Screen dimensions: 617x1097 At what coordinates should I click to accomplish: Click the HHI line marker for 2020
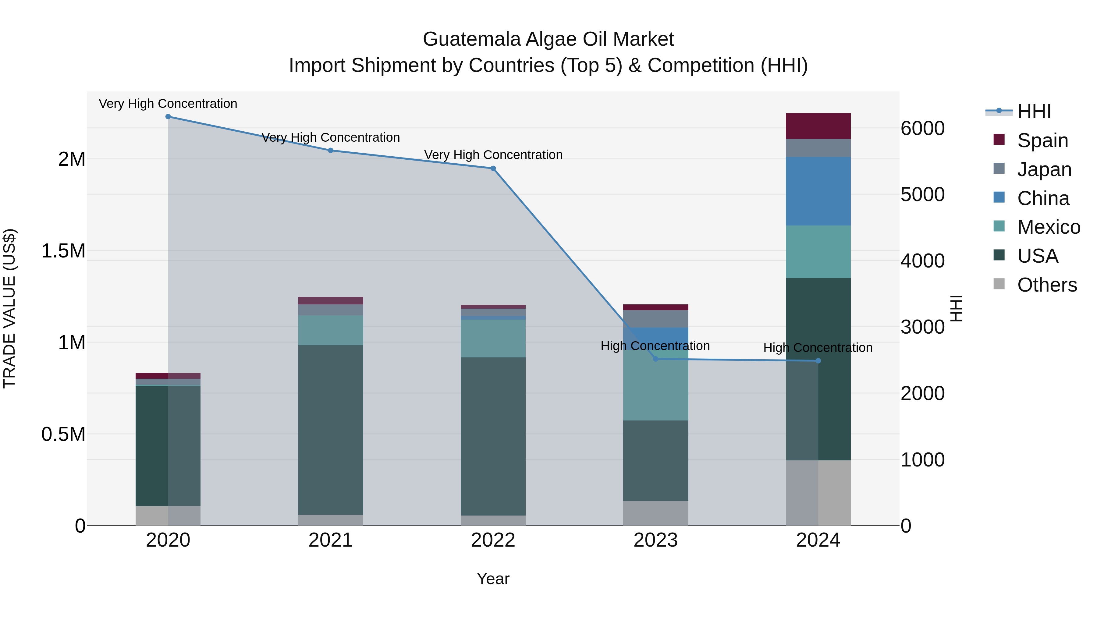pyautogui.click(x=168, y=117)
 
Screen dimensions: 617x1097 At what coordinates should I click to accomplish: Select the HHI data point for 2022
pyautogui.click(x=493, y=168)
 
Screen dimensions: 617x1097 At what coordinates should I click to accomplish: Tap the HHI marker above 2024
pyautogui.click(x=818, y=361)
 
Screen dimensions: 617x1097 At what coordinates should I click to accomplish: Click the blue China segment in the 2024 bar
pyautogui.click(x=818, y=191)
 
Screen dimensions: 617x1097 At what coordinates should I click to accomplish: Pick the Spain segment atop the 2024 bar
pyautogui.click(x=818, y=126)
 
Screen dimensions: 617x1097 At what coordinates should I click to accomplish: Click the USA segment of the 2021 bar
pyautogui.click(x=330, y=430)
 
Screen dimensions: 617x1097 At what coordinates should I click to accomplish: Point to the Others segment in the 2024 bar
pyautogui.click(x=818, y=493)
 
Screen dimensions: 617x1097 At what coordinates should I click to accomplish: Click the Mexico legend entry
pyautogui.click(x=1049, y=227)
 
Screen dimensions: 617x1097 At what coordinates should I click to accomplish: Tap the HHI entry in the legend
pyautogui.click(x=1034, y=112)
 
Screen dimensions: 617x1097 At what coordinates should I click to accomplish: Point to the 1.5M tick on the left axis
pyautogui.click(x=63, y=251)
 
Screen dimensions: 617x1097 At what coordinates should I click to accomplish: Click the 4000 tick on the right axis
pyautogui.click(x=922, y=261)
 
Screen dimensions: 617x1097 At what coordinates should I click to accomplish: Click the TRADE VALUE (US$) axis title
pyautogui.click(x=9, y=308)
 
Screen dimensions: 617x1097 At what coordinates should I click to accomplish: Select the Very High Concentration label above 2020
pyautogui.click(x=168, y=104)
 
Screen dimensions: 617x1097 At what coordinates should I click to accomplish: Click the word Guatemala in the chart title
pyautogui.click(x=471, y=39)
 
